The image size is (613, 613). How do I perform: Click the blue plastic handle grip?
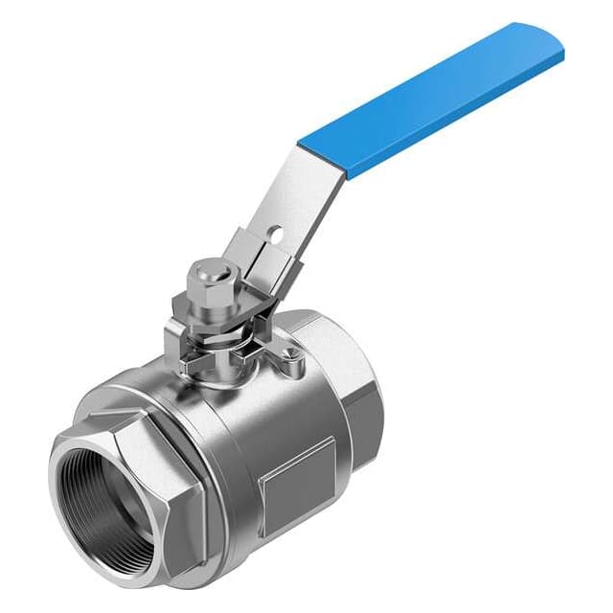[x=431, y=101]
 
